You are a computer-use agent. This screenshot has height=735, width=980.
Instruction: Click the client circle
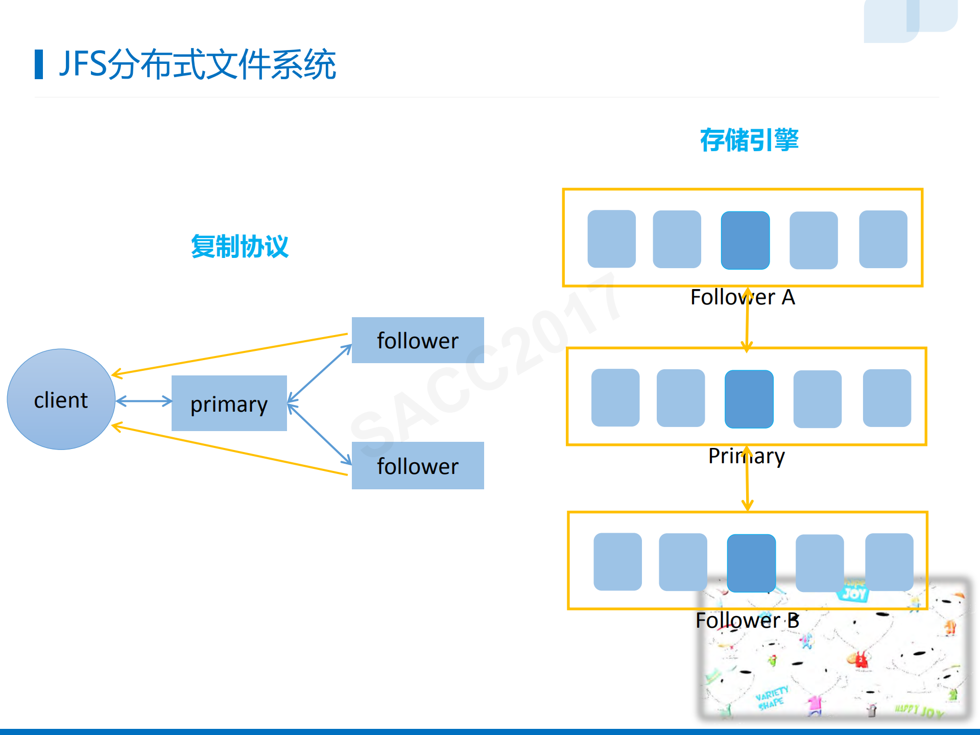click(x=61, y=399)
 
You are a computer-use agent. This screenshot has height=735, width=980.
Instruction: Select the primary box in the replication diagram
click(x=229, y=404)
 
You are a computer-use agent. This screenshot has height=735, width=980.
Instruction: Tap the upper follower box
click(x=418, y=340)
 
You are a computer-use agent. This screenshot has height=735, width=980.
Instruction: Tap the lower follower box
click(x=418, y=465)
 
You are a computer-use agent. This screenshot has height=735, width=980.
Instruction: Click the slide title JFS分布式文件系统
click(x=197, y=64)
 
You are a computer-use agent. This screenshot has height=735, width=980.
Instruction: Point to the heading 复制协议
click(x=240, y=247)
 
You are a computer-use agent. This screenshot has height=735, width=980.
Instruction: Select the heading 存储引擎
click(x=749, y=140)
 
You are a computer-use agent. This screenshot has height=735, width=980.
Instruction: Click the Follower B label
click(x=747, y=620)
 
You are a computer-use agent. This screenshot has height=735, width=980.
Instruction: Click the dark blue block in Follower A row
click(x=745, y=240)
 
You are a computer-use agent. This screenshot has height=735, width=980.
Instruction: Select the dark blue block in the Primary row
click(x=749, y=398)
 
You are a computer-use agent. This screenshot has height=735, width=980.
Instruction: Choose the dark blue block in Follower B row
click(x=751, y=562)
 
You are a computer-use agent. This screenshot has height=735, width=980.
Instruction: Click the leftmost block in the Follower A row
click(x=611, y=239)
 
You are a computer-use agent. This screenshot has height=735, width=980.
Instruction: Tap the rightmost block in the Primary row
click(x=887, y=398)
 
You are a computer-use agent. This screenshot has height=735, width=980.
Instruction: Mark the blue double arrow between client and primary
click(x=144, y=401)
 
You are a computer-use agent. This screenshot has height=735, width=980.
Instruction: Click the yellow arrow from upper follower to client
click(x=230, y=354)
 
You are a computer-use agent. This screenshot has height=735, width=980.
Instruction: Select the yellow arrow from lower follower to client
click(x=230, y=450)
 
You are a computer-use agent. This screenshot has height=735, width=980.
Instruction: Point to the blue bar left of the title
click(x=39, y=64)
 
